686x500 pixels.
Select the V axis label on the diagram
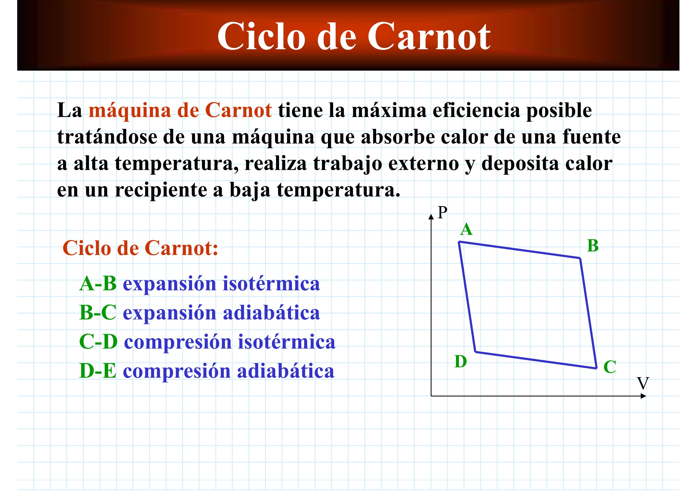(x=643, y=383)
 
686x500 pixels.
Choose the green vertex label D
(x=461, y=361)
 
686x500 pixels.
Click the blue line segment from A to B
(x=519, y=250)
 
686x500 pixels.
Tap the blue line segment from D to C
(x=536, y=360)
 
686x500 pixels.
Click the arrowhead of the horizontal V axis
(x=643, y=396)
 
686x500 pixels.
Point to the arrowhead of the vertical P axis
(x=431, y=216)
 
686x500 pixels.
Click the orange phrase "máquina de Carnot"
(x=180, y=110)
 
